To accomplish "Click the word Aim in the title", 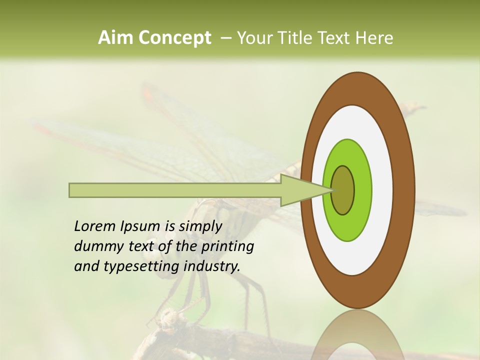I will (x=115, y=38).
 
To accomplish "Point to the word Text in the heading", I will (x=335, y=38).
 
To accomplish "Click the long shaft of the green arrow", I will (x=175, y=190).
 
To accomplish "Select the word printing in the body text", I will (x=227, y=247).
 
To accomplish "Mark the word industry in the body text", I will (x=212, y=266).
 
